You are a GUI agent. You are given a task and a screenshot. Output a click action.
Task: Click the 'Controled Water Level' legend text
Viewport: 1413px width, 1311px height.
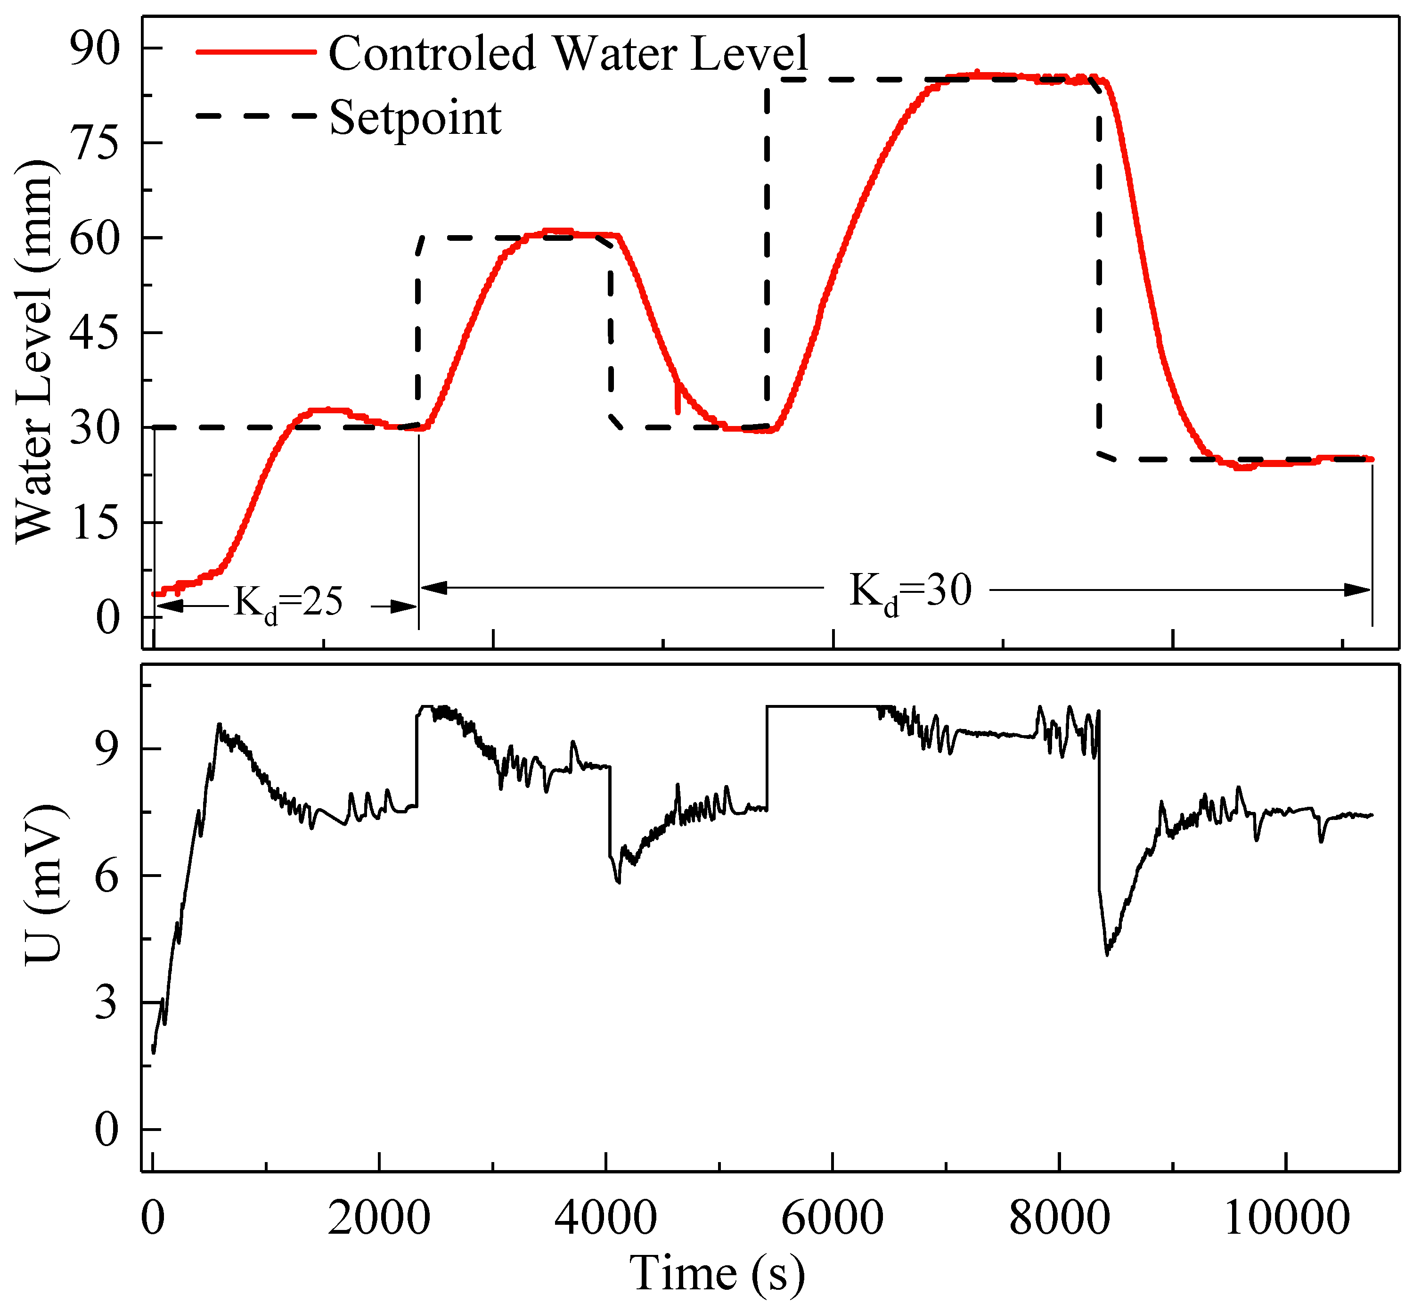pos(567,53)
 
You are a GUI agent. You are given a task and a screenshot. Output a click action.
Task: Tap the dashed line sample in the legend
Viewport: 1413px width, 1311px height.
pos(255,115)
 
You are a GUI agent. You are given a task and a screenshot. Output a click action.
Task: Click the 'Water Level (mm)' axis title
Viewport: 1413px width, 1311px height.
pos(34,351)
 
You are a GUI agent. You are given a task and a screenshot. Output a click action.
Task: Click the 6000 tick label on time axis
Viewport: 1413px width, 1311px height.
pos(832,1217)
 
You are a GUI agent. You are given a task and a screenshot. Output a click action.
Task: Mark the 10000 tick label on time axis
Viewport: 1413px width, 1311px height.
pos(1286,1217)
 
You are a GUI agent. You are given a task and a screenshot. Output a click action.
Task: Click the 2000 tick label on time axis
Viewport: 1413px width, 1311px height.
pos(379,1217)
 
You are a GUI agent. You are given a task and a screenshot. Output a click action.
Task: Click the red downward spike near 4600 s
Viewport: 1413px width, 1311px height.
pos(678,401)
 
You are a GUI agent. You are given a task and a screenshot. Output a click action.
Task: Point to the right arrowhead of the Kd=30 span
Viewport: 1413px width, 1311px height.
pos(1358,590)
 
